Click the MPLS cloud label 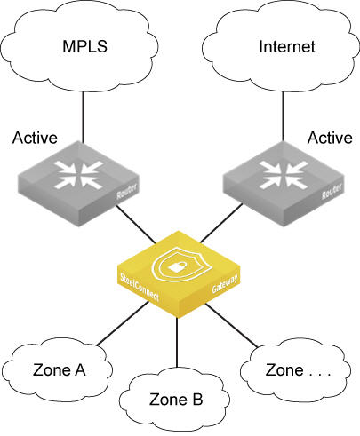point(84,46)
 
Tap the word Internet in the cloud point(287,46)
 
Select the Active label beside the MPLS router point(35,138)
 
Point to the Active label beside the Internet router point(330,138)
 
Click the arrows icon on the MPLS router point(78,175)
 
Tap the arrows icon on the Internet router point(283,175)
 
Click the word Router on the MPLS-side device point(127,191)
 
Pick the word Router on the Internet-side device point(332,191)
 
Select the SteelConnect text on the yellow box point(140,287)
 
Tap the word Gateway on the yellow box point(225,284)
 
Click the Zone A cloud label point(60,370)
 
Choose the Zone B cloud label point(176,400)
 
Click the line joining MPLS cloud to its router point(83,116)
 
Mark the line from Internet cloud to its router point(283,115)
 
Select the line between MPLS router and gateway point(136,225)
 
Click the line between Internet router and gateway point(221,223)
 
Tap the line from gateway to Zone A point(123,323)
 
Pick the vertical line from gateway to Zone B point(177,342)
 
